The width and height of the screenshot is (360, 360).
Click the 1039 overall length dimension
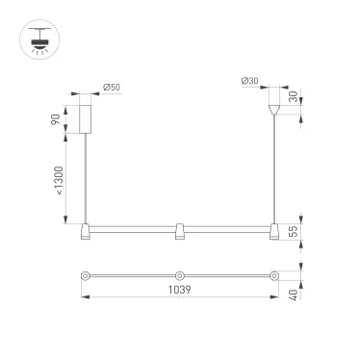point(180,289)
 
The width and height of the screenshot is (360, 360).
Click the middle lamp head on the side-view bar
point(180,231)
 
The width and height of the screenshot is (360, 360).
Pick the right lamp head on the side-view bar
point(274,231)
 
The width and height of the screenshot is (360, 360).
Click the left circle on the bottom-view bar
point(87,276)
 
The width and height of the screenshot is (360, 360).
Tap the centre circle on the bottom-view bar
point(180,276)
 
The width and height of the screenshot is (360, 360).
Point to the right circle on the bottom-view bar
point(274,276)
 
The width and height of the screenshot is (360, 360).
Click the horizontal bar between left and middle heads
point(133,228)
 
